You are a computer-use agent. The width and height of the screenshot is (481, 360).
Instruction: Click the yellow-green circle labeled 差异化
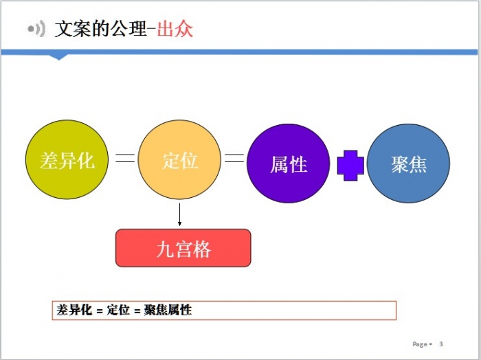pos(67,159)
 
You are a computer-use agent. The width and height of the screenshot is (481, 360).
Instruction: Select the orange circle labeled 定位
pos(179,159)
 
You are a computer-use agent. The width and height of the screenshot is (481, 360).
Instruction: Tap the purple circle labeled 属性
pos(289,164)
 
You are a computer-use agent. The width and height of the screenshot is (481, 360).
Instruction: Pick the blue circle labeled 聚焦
pos(409,164)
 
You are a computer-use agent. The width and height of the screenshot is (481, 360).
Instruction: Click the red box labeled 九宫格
pos(183,248)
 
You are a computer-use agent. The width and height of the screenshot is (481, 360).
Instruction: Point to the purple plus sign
pos(350,166)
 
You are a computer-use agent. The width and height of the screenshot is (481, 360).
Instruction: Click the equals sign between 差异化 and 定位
pos(125,158)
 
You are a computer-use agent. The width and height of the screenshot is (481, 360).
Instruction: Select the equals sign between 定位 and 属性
pos(234,158)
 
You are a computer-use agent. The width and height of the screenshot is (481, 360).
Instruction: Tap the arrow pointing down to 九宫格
pos(179,214)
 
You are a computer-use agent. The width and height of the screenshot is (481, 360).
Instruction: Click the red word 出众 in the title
pos(175,29)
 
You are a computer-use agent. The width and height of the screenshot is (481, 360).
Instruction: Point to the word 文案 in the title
pos(73,29)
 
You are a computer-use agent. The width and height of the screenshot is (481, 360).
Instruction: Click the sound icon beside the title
pos(36,29)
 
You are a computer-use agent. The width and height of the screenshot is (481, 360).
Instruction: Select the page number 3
pos(441,344)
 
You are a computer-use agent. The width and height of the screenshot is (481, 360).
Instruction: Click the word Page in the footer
pos(420,344)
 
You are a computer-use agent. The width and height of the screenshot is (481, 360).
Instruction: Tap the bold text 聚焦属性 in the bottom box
pos(168,310)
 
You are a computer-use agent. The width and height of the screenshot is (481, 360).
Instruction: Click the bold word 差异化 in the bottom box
pos(74,310)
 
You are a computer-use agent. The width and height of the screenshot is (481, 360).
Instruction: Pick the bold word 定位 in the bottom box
pos(118,310)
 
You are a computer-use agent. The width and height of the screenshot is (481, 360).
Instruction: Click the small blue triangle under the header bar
pos(58,57)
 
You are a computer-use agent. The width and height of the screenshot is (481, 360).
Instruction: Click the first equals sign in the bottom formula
pos(100,311)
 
